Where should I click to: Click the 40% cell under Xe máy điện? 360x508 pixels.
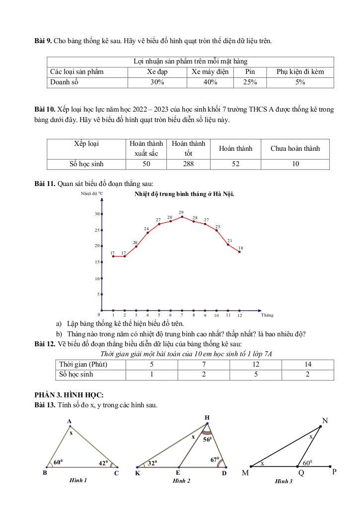pyautogui.click(x=210, y=82)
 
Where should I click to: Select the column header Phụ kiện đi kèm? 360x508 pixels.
pyautogui.click(x=300, y=71)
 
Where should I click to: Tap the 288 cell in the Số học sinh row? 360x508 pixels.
pyautogui.click(x=188, y=164)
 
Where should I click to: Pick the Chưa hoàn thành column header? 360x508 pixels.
pyautogui.click(x=295, y=148)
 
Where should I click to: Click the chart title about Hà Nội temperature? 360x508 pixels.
pyautogui.click(x=184, y=194)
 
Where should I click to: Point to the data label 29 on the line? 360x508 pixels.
pyautogui.click(x=181, y=212)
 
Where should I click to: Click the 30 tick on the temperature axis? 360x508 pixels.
pyautogui.click(x=96, y=214)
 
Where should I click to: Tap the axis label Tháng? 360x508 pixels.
pyautogui.click(x=267, y=315)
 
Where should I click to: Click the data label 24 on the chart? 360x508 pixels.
pyautogui.click(x=146, y=228)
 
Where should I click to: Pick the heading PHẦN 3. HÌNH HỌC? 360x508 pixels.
pyautogui.click(x=69, y=395)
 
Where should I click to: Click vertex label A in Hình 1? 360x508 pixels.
pyautogui.click(x=70, y=421)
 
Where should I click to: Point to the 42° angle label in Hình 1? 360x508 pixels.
pyautogui.click(x=103, y=463)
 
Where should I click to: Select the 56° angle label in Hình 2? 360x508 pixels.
pyautogui.click(x=207, y=439)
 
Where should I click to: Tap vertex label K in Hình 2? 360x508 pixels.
pyautogui.click(x=138, y=474)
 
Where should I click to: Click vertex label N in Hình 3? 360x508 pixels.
pyautogui.click(x=325, y=421)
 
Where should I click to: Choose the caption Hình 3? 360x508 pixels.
pyautogui.click(x=284, y=481)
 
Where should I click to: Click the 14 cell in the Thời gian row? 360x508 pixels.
pyautogui.click(x=308, y=365)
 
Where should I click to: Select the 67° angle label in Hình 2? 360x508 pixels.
pyautogui.click(x=215, y=459)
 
